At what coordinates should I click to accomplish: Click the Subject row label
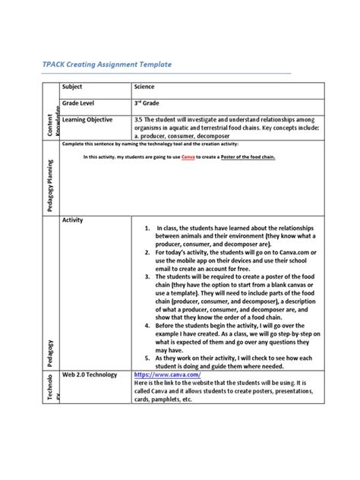click(74, 88)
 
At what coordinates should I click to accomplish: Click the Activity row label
click(73, 220)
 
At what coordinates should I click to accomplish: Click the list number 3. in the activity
click(147, 279)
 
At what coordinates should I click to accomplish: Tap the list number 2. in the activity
click(147, 253)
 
